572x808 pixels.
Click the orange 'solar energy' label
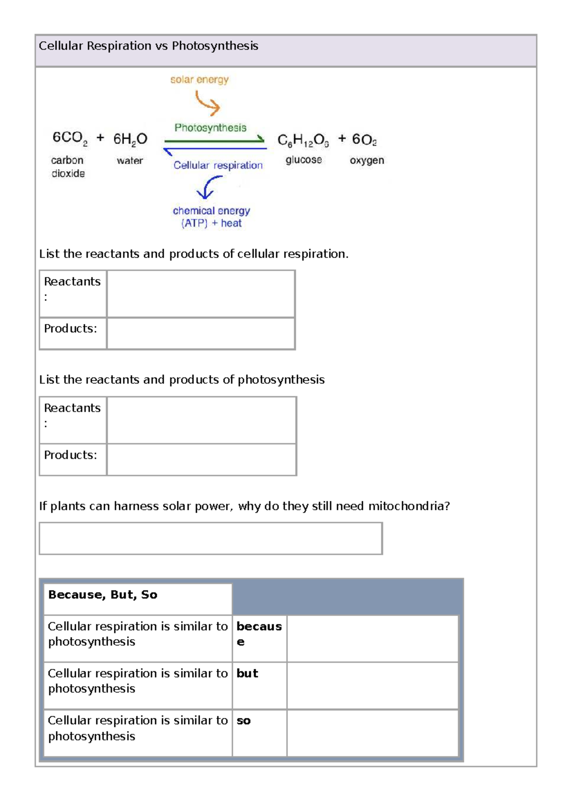(x=199, y=80)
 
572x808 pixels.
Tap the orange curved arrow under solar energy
(x=208, y=103)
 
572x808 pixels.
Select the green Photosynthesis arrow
(x=214, y=141)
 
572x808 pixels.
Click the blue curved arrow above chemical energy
(x=209, y=187)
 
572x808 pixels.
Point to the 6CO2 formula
(x=70, y=138)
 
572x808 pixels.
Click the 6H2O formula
(x=130, y=139)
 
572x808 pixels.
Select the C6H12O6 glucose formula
(x=303, y=140)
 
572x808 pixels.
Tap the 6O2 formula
(x=364, y=140)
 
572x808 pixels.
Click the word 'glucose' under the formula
(x=304, y=160)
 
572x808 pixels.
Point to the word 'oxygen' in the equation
(x=367, y=161)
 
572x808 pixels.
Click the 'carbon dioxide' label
(x=68, y=167)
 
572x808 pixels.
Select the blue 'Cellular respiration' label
(x=218, y=165)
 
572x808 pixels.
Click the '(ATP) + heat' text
(x=211, y=223)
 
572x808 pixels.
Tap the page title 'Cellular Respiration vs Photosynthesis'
(x=148, y=46)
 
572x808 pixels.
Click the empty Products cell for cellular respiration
(x=201, y=333)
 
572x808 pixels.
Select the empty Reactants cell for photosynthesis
(x=201, y=420)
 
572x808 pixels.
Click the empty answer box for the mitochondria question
(x=210, y=538)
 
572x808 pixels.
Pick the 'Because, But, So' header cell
(x=138, y=598)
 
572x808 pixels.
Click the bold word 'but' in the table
(x=247, y=673)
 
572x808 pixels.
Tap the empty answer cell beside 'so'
(x=372, y=733)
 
